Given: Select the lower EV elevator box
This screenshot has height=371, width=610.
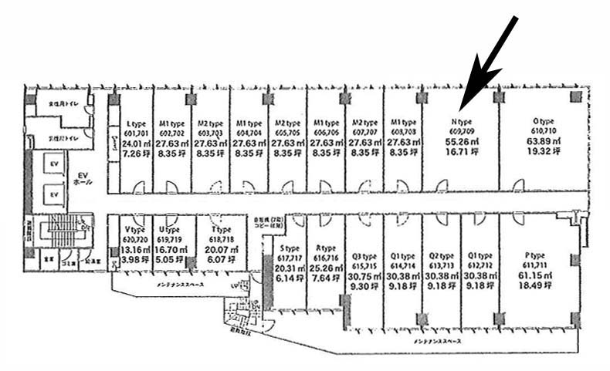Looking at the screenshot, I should [54, 196].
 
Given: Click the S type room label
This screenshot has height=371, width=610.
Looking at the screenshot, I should [290, 248].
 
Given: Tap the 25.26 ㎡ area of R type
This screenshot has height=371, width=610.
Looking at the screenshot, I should [325, 268].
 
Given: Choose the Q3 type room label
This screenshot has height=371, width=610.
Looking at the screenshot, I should [364, 256].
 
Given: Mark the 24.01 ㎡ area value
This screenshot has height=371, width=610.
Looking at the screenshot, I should [136, 143].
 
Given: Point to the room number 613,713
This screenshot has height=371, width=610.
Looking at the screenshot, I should [441, 265].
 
